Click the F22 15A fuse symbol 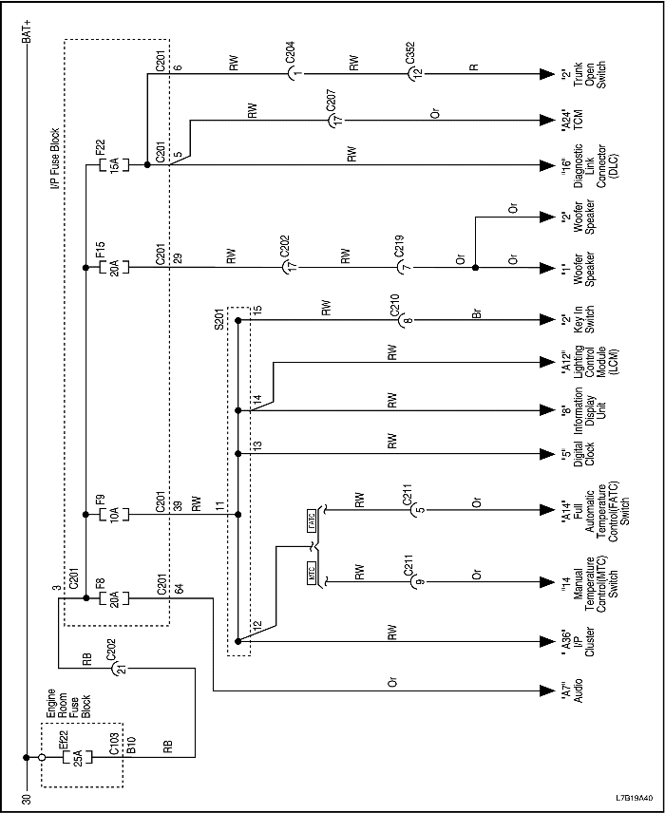[x=106, y=164]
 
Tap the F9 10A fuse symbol [x=106, y=515]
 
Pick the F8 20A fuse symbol [x=106, y=597]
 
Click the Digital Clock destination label [x=582, y=453]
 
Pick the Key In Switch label [x=582, y=318]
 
